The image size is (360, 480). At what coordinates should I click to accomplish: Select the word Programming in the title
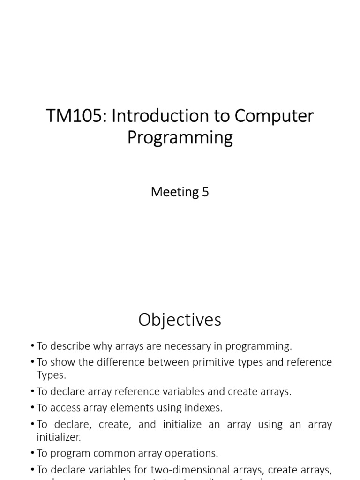tap(180, 138)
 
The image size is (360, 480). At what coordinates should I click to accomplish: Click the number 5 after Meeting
tap(205, 192)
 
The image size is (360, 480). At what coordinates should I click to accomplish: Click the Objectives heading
tap(180, 320)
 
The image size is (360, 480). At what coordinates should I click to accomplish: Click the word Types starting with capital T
tap(51, 375)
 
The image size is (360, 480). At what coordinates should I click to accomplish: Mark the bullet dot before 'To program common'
tap(32, 453)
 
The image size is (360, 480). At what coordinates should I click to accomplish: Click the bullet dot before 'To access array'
tap(32, 408)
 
